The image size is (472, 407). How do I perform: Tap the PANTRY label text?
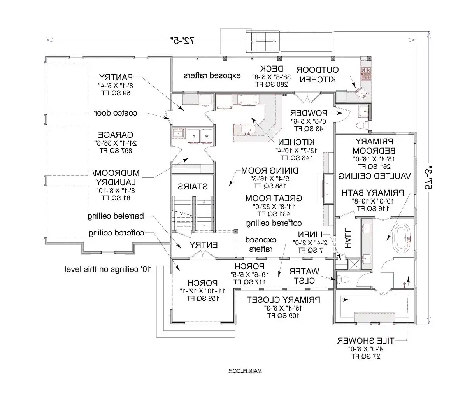coord(116,77)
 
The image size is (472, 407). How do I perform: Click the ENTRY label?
coord(204,245)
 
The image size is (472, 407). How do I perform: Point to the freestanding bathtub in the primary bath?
coord(403,238)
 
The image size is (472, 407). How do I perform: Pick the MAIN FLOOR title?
coord(245,371)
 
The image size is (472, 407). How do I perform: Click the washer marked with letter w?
coord(207,136)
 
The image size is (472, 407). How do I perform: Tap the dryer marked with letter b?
coord(193,136)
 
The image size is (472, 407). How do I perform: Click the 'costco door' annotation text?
coord(116,113)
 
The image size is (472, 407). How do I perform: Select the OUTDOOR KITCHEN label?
coord(318,75)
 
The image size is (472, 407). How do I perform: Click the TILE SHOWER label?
coord(365,341)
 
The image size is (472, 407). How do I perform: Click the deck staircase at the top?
coord(263,42)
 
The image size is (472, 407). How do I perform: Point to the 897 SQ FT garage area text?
coord(116,150)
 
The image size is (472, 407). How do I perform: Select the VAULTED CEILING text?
coord(374,176)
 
